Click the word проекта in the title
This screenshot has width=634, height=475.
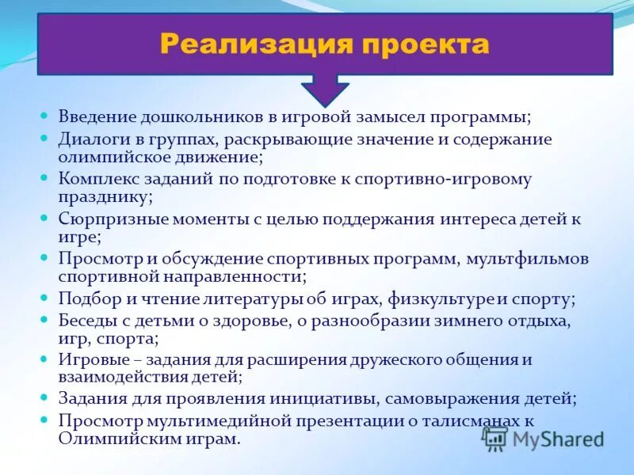(x=421, y=44)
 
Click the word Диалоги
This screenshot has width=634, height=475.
(x=93, y=139)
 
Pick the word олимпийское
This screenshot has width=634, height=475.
(x=108, y=158)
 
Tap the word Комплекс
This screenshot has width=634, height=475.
(x=95, y=179)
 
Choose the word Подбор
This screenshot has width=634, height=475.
(x=86, y=298)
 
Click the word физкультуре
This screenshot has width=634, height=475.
(x=444, y=298)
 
